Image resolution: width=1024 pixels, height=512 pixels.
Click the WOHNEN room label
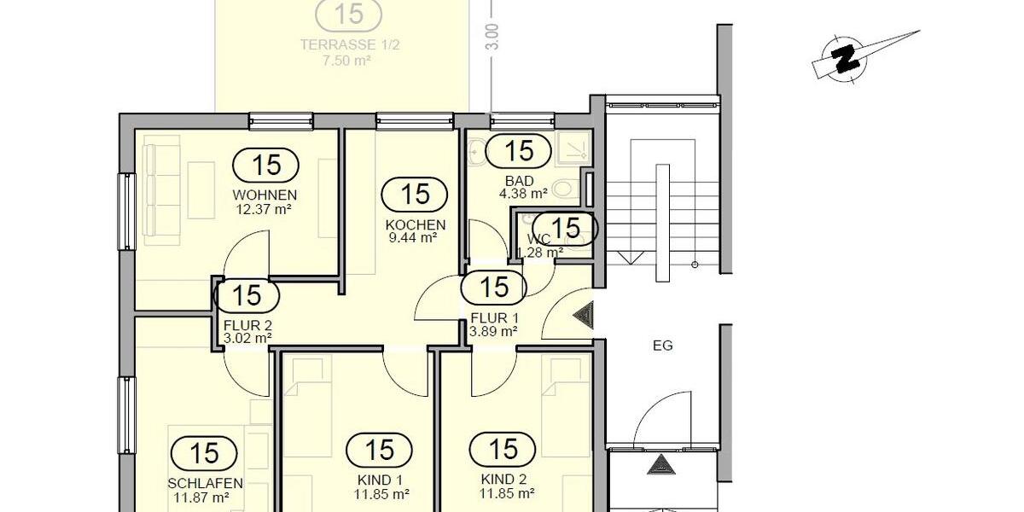point(265,195)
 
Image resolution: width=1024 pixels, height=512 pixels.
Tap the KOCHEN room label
point(415,225)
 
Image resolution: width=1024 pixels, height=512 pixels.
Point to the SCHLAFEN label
point(205,483)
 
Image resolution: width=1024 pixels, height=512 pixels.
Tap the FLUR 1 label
point(494,318)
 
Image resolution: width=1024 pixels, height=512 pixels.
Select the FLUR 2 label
point(247,325)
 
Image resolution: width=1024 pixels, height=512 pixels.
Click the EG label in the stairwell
point(662,346)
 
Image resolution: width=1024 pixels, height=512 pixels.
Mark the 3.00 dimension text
point(492,36)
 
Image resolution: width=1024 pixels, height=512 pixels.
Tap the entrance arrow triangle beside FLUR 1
point(586,316)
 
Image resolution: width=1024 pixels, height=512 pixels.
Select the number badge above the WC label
point(567,228)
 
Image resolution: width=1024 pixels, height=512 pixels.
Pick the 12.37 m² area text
point(265,207)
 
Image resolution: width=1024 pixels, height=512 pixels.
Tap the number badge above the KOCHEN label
point(415,194)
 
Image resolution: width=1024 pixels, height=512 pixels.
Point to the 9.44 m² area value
point(415,238)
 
